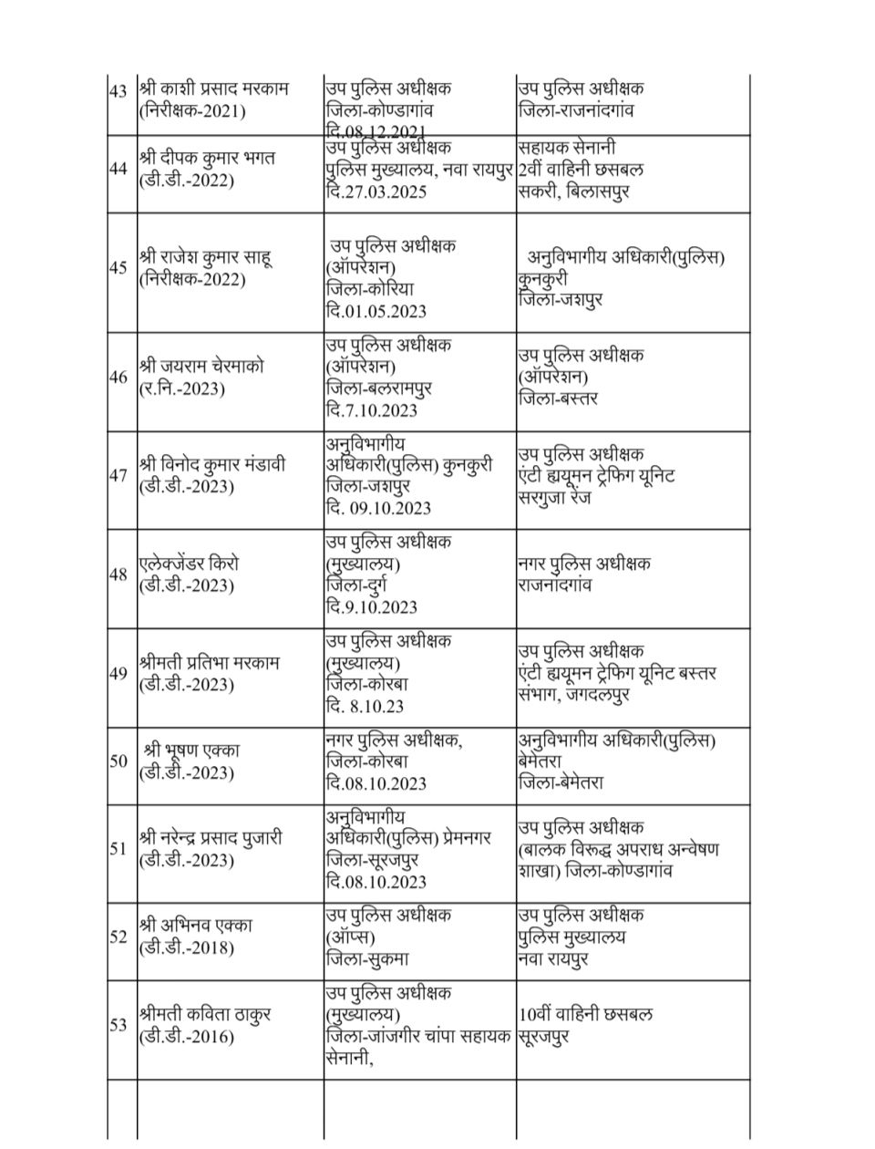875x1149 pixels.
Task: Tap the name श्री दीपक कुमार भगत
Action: [208, 158]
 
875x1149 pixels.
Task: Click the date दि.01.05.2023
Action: [376, 311]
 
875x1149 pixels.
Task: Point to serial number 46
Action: [118, 377]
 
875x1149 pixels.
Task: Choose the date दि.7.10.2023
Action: [372, 409]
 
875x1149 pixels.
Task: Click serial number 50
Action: [118, 761]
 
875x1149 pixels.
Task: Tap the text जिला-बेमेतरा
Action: [561, 782]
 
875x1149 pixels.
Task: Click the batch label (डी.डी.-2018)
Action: [187, 947]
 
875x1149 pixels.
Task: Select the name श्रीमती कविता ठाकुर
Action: [205, 1013]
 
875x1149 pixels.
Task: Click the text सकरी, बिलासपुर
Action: [572, 192]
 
